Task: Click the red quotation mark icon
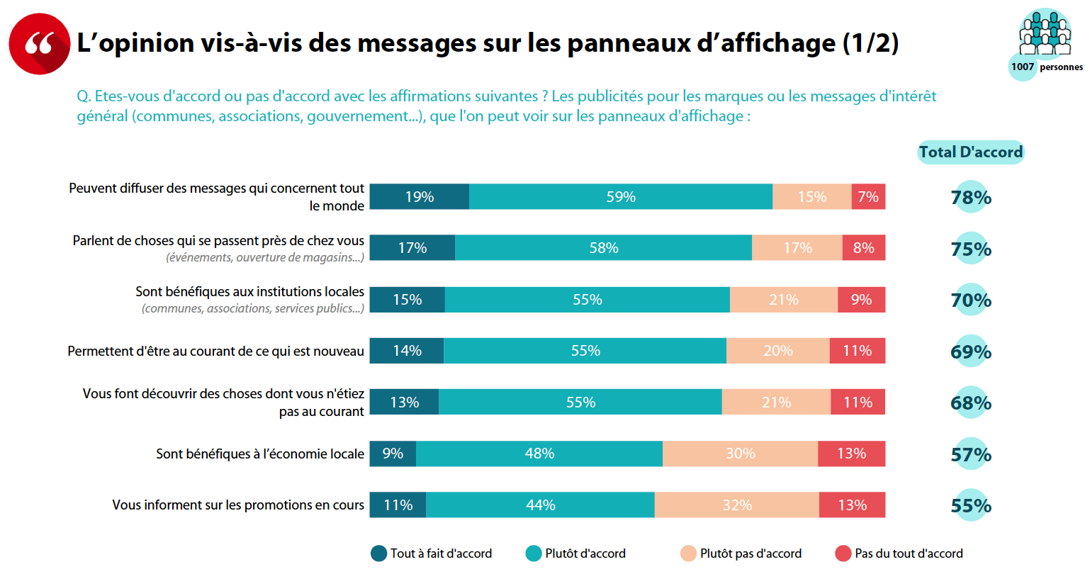[x=39, y=43]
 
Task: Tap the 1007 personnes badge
[x=1045, y=66]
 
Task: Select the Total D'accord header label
[x=970, y=152]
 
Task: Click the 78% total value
[x=971, y=198]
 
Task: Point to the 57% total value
[x=971, y=454]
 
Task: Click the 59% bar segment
[x=621, y=197]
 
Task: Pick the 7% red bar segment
[x=868, y=197]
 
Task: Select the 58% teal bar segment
[x=604, y=248]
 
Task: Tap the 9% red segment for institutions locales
[x=861, y=300]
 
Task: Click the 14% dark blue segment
[x=407, y=351]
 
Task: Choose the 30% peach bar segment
[x=741, y=454]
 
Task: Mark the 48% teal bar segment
[x=539, y=454]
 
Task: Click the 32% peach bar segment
[x=737, y=505]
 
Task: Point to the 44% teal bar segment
[x=541, y=505]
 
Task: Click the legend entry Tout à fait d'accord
[x=432, y=553]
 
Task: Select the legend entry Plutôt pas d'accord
[x=741, y=553]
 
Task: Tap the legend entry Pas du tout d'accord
[x=899, y=553]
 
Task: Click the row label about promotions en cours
[x=238, y=505]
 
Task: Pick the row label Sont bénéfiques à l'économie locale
[x=260, y=454]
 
